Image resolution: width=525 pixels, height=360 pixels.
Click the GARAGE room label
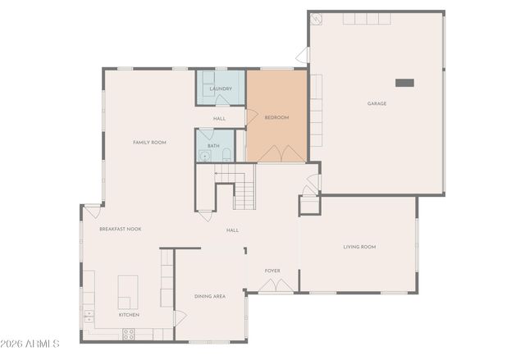(x=377, y=103)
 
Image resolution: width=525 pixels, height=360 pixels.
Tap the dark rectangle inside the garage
(x=405, y=82)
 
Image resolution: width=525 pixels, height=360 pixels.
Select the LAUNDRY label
(x=220, y=89)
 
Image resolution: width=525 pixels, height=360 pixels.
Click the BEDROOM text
(x=276, y=117)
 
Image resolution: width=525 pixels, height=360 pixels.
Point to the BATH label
(x=213, y=146)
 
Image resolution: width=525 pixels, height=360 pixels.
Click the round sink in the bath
(x=204, y=154)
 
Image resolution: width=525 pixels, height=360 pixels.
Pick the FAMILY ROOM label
(x=149, y=142)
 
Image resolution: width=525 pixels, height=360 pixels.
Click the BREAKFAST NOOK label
(x=120, y=229)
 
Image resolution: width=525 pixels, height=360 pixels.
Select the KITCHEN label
(x=129, y=315)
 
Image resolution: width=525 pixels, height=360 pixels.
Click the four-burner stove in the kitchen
(x=129, y=334)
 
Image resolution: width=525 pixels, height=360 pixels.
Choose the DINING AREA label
(x=210, y=296)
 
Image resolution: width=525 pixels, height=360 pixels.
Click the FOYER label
(x=272, y=270)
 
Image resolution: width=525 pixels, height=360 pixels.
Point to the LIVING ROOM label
(x=359, y=246)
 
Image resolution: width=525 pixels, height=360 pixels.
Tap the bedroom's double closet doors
(x=283, y=153)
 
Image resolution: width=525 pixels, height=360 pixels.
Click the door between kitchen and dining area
(x=178, y=318)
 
